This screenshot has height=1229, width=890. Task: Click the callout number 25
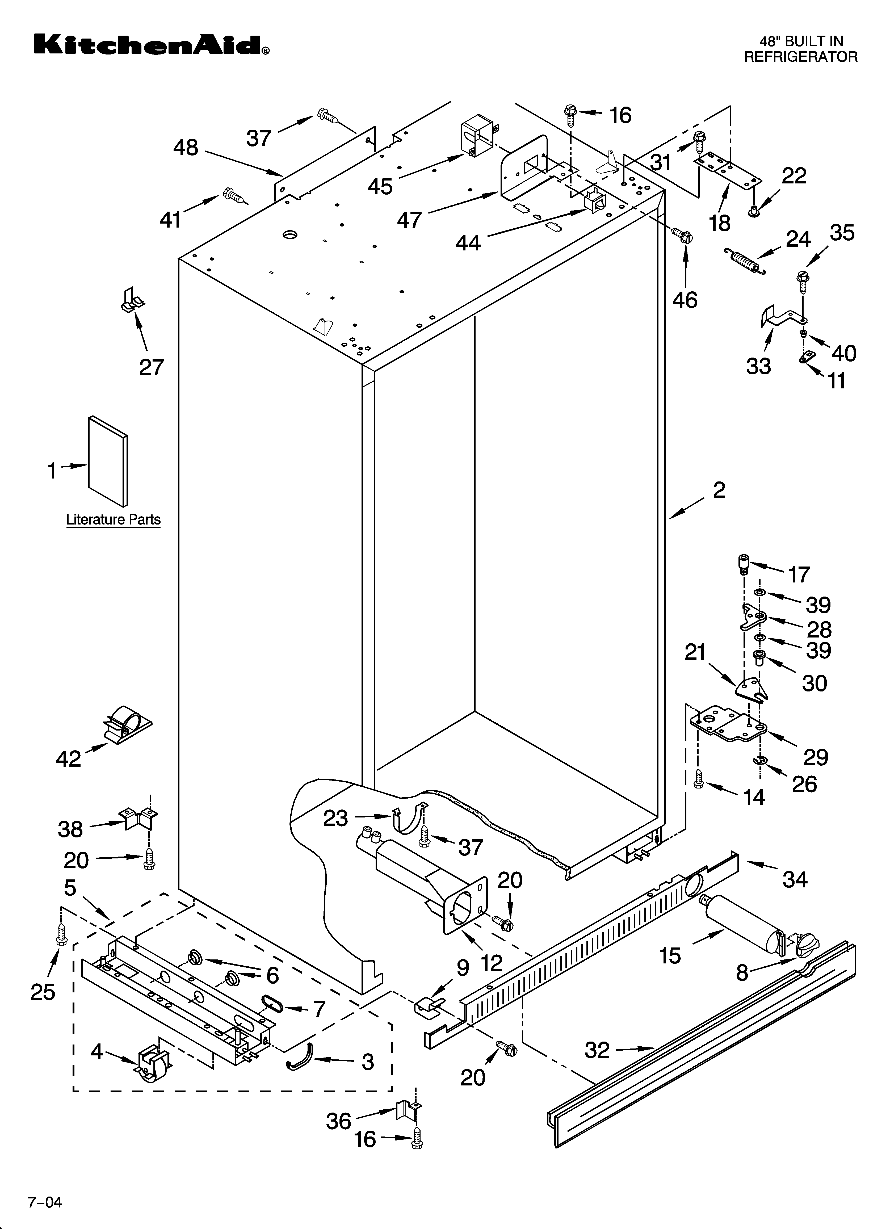43,992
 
